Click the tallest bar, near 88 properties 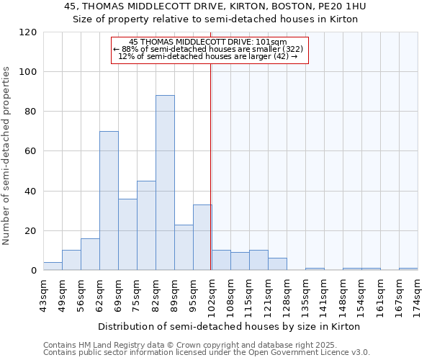[x=165, y=183]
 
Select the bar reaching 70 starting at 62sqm [x=109, y=201]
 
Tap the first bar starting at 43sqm [x=53, y=266]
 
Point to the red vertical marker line [x=211, y=158]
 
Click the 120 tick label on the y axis [x=28, y=32]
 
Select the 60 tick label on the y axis [x=31, y=151]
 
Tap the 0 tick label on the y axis [x=34, y=271]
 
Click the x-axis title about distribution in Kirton [x=228, y=326]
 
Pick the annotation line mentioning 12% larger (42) [x=207, y=56]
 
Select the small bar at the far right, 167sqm [x=408, y=269]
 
